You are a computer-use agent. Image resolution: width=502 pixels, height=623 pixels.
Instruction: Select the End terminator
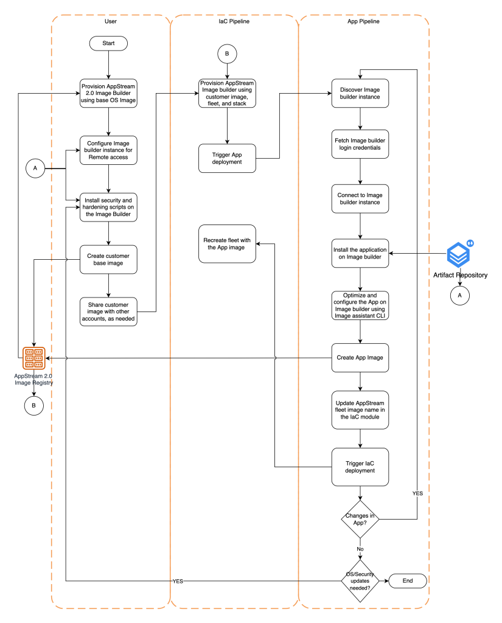(x=407, y=581)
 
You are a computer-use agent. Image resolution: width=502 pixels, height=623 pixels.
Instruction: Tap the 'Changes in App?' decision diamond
(x=360, y=518)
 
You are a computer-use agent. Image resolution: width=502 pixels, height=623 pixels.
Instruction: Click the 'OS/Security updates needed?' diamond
(x=360, y=581)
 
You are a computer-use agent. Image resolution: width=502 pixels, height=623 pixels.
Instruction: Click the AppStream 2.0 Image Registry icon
(x=33, y=358)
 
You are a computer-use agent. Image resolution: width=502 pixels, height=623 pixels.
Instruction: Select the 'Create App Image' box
(x=360, y=357)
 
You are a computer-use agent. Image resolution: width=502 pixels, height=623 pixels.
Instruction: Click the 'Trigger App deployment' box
(x=227, y=158)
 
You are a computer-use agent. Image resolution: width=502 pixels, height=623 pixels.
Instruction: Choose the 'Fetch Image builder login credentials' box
(x=360, y=144)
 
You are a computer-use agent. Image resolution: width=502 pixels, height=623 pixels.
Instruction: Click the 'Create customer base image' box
(x=108, y=259)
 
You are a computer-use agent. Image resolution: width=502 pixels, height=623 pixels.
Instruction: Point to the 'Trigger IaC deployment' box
(x=360, y=467)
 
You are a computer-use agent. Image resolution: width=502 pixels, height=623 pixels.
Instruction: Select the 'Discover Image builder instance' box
(x=360, y=93)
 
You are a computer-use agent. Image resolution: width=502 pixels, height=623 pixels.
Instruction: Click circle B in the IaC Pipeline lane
(x=227, y=54)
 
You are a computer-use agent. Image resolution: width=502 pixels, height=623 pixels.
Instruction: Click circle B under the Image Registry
(x=33, y=405)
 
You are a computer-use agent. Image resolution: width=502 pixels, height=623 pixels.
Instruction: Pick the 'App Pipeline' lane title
(x=364, y=21)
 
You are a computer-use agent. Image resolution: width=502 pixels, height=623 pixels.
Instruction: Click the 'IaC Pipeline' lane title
(x=234, y=21)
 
